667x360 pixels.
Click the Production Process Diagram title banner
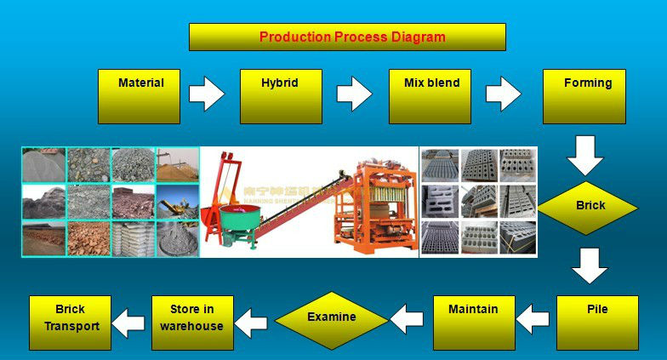coord(347,37)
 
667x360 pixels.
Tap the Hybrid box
coord(280,96)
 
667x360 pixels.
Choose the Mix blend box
coord(430,96)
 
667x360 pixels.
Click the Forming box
coord(584,96)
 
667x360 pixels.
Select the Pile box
coord(596,323)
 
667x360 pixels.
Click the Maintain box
coord(473,323)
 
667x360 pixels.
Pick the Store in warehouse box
coord(191,323)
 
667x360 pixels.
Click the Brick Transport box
coord(71,323)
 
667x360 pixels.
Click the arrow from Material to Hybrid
coord(207,94)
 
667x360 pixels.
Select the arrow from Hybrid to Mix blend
coord(355,94)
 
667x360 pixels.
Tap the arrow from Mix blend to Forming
coord(504,94)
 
